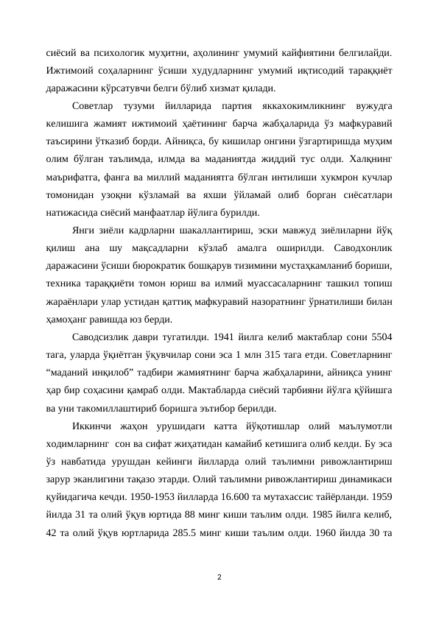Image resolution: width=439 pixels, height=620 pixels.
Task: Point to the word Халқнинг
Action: [x=368, y=161]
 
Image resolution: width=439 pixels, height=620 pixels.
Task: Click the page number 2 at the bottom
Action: [x=219, y=574]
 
